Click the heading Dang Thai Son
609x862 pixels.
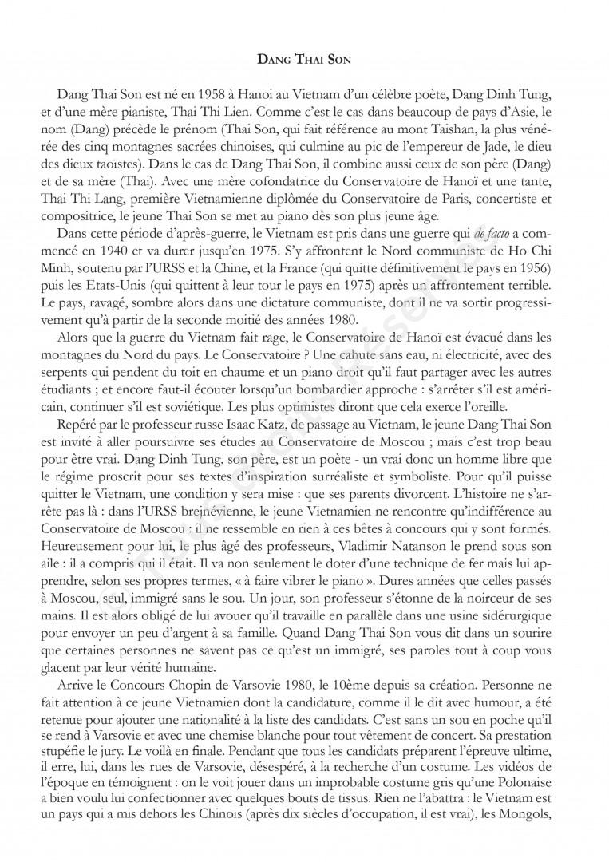tap(304, 58)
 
